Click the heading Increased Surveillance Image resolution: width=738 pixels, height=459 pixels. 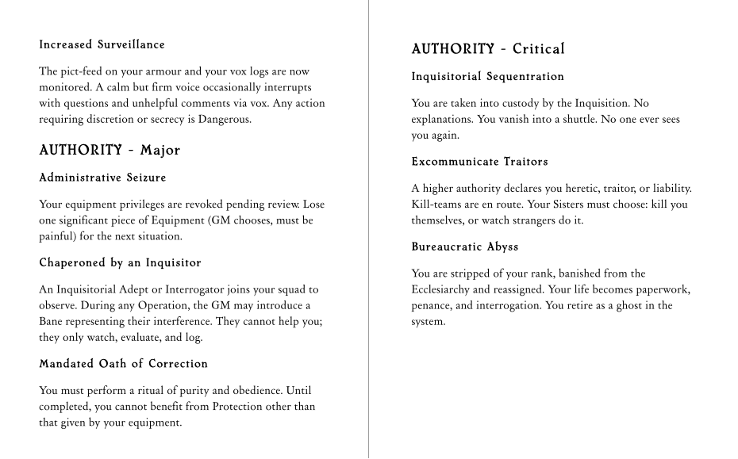point(102,44)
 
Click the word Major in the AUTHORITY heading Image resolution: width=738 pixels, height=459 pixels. point(160,150)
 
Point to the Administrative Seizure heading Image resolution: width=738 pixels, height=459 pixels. point(102,177)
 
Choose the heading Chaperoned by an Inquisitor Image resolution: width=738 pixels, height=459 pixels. point(120,262)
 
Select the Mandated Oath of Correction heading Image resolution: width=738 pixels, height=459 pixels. point(123,364)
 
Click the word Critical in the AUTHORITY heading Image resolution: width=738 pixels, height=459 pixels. point(539,49)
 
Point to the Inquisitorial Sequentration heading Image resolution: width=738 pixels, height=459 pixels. point(487,77)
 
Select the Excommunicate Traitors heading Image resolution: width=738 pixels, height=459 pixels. point(479,162)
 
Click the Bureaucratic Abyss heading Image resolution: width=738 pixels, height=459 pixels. point(464,247)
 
